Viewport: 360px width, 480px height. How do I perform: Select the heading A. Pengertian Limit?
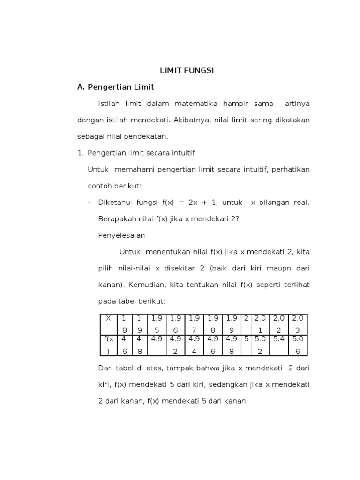point(116,87)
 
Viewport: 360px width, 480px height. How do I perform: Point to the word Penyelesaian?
point(121,235)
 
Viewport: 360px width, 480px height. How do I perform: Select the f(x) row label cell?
point(108,344)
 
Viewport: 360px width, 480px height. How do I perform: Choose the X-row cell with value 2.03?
point(298,323)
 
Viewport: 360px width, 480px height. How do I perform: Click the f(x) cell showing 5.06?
point(298,344)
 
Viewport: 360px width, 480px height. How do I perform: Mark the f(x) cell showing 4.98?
point(231,344)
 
